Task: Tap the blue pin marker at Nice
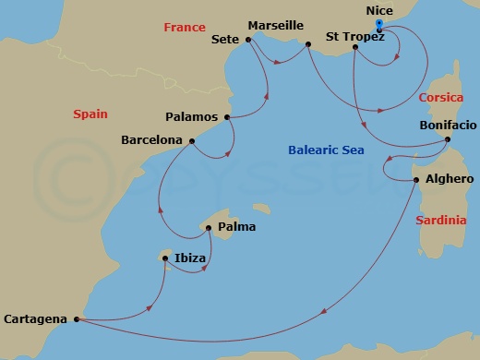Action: pos(379,24)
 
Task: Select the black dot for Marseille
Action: pos(307,42)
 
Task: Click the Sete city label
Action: pos(225,40)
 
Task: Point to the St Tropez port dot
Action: pos(355,46)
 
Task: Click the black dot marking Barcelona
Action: pos(191,141)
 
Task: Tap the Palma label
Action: pos(237,227)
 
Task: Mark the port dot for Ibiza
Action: pos(167,258)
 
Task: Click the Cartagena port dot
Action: pos(76,320)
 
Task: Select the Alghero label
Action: pos(449,179)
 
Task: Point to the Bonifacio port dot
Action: pos(448,139)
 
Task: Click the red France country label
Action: pos(185,28)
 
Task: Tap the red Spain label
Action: pos(90,114)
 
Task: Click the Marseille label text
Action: pos(277,26)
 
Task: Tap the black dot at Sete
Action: pos(249,40)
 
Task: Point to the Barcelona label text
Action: pos(151,140)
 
